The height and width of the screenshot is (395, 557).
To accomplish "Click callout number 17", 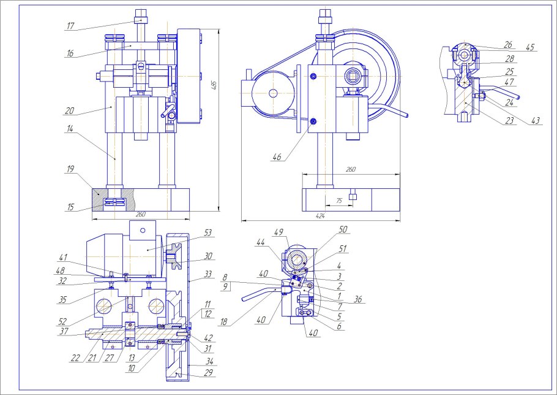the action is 70,26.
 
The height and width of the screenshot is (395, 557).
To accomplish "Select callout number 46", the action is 277,157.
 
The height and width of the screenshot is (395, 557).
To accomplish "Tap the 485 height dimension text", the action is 214,85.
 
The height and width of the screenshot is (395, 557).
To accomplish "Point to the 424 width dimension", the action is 320,216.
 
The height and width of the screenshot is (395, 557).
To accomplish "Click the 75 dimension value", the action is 339,201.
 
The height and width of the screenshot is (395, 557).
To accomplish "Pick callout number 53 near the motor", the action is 208,232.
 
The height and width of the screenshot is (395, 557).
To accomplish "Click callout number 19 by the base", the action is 70,169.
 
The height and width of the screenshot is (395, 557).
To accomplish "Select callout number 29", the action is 209,372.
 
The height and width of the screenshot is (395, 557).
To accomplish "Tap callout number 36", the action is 358,300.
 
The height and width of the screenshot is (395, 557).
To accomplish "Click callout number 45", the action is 530,47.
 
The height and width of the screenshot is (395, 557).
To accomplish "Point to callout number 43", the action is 536,121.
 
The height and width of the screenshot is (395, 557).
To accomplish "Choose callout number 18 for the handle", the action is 223,322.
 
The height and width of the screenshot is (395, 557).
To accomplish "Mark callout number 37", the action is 64,331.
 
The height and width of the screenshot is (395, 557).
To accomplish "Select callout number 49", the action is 279,232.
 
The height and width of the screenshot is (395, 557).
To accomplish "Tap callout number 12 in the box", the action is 208,314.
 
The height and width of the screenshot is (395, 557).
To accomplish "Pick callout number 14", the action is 70,128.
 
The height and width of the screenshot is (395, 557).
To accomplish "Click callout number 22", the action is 75,358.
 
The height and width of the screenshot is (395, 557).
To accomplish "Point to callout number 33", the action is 208,274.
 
